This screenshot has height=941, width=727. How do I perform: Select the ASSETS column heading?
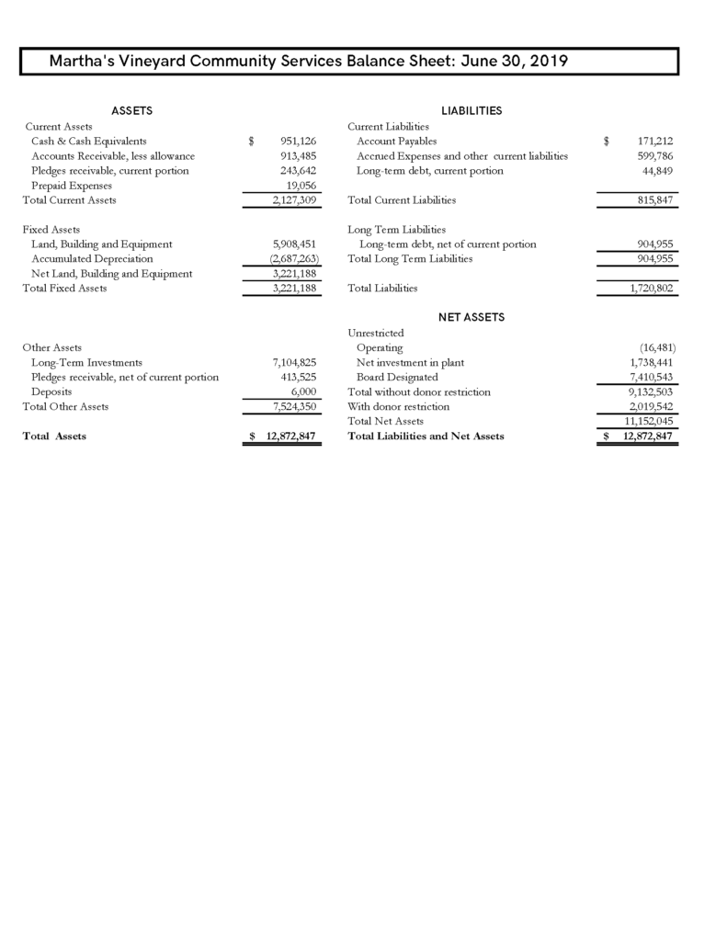131,111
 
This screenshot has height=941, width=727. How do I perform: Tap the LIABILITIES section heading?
471,111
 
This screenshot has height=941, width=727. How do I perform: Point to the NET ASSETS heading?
471,317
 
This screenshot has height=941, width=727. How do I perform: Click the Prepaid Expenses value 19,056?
302,186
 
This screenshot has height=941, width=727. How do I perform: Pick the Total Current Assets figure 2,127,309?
289,200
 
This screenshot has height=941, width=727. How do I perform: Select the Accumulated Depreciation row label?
92,259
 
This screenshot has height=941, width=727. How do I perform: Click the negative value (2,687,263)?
289,259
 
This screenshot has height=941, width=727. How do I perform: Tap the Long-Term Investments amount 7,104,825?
289,362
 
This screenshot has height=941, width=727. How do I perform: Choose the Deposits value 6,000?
303,391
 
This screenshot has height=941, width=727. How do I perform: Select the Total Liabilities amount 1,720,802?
649,289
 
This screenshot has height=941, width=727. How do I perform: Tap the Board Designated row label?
397,377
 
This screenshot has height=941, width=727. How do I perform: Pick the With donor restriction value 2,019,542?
649,406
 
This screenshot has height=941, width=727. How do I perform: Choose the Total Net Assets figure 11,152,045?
646,421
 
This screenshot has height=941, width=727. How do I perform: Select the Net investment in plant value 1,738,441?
649,362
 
